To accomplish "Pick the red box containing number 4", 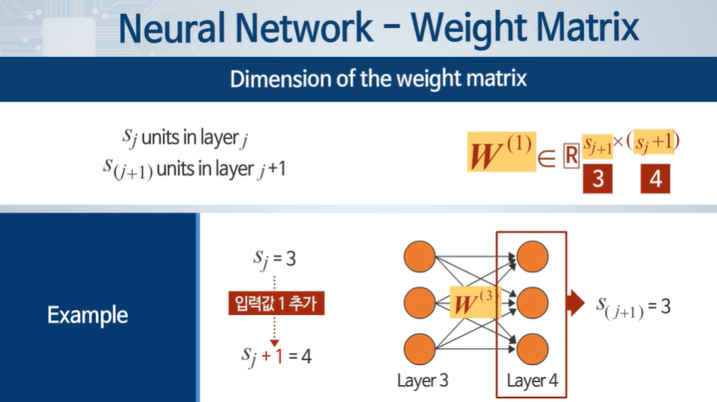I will (655, 180).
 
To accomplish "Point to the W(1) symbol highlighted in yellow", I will (502, 152).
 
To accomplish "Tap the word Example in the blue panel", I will (87, 316).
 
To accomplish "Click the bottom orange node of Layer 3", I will (418, 348).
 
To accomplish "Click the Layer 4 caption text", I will (532, 382).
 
